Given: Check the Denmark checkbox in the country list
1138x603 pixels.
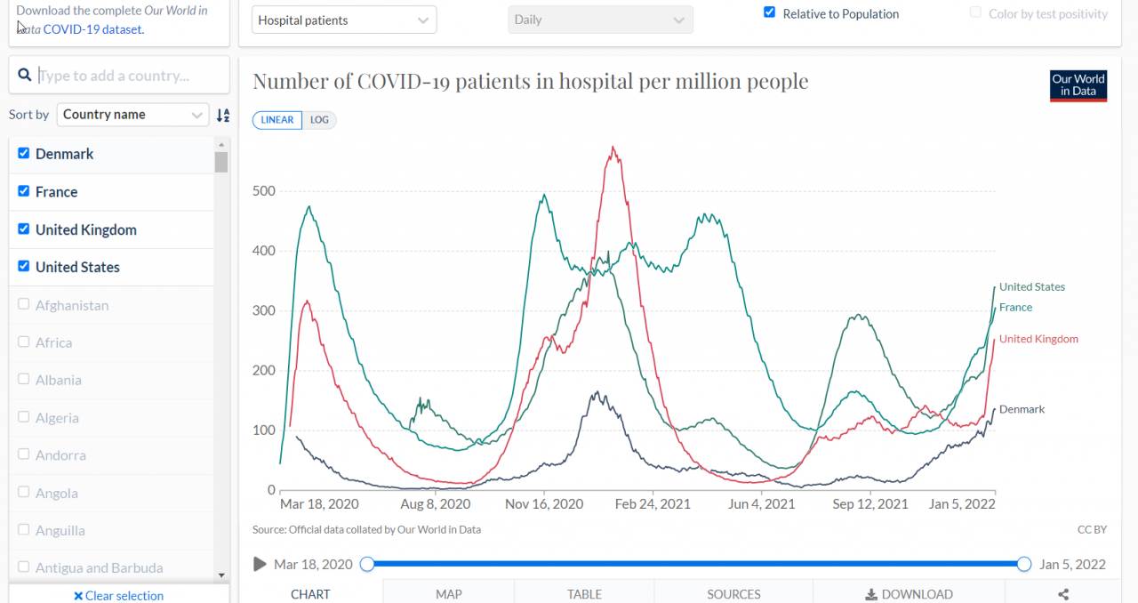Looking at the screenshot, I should pyautogui.click(x=24, y=154).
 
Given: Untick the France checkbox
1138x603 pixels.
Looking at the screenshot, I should pyautogui.click(x=24, y=191).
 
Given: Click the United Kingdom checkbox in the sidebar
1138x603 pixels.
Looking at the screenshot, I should pyautogui.click(x=24, y=229).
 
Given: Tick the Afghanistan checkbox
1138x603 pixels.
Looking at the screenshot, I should pyautogui.click(x=24, y=305).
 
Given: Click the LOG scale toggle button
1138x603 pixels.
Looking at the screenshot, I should pyautogui.click(x=319, y=120).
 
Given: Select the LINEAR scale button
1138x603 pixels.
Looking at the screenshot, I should pyautogui.click(x=277, y=120).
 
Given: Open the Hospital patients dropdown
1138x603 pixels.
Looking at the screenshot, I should pyautogui.click(x=344, y=20).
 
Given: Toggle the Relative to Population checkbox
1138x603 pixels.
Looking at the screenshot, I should pyautogui.click(x=770, y=13).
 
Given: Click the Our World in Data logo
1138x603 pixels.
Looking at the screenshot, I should pyautogui.click(x=1078, y=85).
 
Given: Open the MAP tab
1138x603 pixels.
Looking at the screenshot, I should pyautogui.click(x=448, y=593).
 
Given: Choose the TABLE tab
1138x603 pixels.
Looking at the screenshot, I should pyautogui.click(x=584, y=593).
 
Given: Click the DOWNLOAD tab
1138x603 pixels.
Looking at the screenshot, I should pyautogui.click(x=909, y=593).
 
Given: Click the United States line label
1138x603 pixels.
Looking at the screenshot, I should pyautogui.click(x=1031, y=287).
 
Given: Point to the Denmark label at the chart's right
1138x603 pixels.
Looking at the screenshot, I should pyautogui.click(x=1022, y=409).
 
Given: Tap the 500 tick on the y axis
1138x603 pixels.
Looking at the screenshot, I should pyautogui.click(x=264, y=191).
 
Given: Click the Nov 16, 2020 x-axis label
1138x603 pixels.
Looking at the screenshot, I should pyautogui.click(x=544, y=504).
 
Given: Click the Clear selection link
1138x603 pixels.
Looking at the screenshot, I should pyautogui.click(x=118, y=595).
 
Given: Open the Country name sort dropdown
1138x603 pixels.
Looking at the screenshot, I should pyautogui.click(x=133, y=115).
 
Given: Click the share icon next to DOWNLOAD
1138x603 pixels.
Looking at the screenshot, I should pyautogui.click(x=1062, y=593).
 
